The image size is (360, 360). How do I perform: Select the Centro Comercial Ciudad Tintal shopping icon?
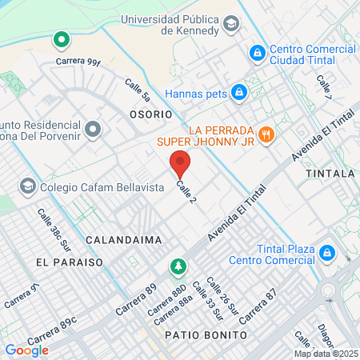(257, 53)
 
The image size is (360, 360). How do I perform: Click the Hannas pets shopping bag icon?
(238, 92)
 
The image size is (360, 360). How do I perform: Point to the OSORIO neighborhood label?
(150, 114)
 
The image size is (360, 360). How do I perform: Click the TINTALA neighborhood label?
(330, 174)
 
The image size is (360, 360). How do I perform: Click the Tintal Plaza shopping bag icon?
(326, 252)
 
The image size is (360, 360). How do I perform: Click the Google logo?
(26, 350)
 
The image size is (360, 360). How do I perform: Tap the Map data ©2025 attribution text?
(325, 354)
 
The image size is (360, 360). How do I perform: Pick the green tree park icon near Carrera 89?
(179, 266)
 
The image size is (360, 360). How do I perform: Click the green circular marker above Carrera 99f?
(61, 38)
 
